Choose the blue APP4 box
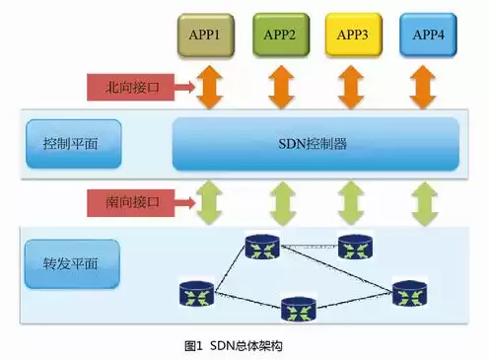click(428, 36)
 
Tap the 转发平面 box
click(69, 264)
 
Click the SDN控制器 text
click(314, 144)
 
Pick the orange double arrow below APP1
click(210, 88)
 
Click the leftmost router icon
click(196, 293)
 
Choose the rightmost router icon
click(408, 293)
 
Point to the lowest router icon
click(297, 309)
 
